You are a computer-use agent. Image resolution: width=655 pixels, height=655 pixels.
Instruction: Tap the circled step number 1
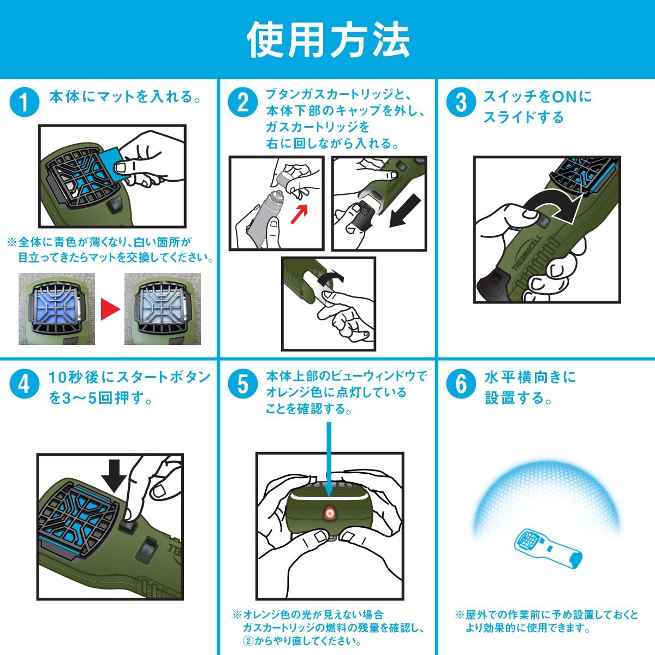(x=25, y=102)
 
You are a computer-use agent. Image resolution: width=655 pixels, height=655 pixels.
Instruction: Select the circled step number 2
(x=243, y=102)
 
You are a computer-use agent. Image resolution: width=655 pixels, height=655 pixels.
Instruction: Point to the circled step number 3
(x=461, y=102)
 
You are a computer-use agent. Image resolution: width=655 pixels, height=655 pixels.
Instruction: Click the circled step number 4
(x=25, y=384)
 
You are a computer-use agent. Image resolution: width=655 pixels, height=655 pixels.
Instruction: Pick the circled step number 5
(x=243, y=384)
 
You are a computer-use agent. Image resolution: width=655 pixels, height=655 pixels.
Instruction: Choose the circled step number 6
(x=461, y=384)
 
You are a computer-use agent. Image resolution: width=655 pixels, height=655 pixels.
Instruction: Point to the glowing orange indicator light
(x=329, y=522)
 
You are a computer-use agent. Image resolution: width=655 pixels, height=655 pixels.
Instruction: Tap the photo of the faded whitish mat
(x=163, y=308)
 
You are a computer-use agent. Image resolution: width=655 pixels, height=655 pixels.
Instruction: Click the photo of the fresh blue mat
(x=56, y=308)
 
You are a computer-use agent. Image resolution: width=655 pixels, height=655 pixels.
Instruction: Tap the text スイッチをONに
(x=538, y=97)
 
